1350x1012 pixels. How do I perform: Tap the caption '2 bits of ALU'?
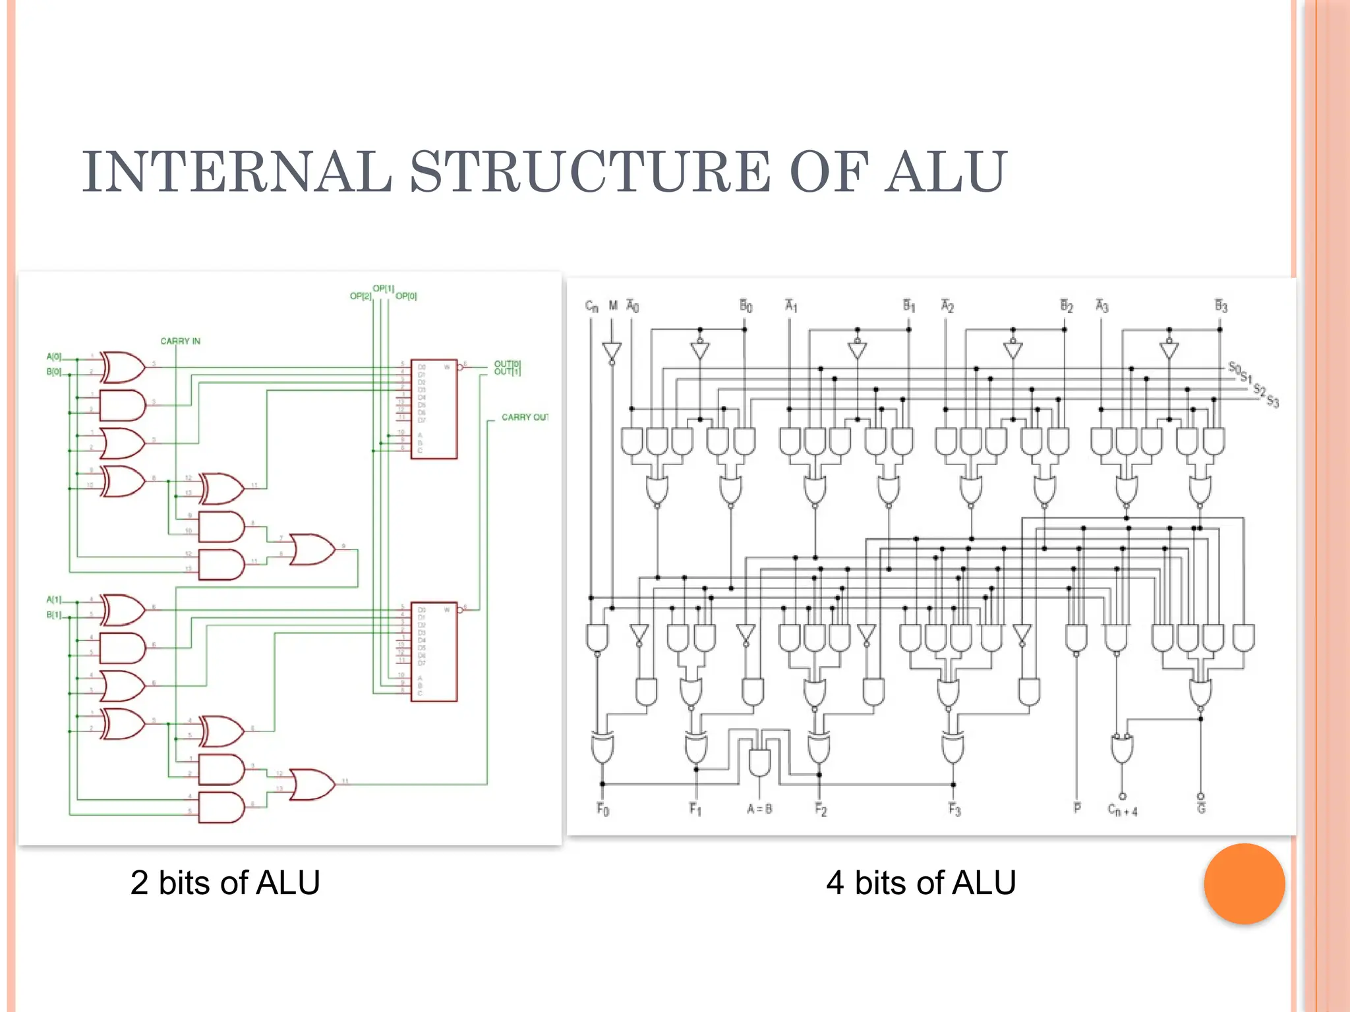(225, 883)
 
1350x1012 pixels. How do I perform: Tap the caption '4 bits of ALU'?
(921, 883)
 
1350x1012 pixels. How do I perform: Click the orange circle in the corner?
(1244, 884)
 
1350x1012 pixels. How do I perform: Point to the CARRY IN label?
(180, 341)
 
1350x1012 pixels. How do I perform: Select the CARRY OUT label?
(525, 417)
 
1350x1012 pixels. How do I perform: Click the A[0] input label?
(53, 356)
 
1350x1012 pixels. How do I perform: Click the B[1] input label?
(53, 615)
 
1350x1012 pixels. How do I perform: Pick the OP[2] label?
(361, 296)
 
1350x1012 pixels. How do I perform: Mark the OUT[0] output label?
(507, 364)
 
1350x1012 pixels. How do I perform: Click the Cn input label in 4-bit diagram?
(591, 306)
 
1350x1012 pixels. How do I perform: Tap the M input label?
(613, 306)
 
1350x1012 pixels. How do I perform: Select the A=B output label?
(759, 809)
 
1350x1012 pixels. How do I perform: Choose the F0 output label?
(602, 809)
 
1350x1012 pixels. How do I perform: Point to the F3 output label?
(954, 809)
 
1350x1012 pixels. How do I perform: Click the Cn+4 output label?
(1122, 810)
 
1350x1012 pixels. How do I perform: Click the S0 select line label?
(1234, 367)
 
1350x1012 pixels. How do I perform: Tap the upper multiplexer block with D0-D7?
(434, 409)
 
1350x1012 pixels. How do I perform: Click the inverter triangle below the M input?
(612, 352)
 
